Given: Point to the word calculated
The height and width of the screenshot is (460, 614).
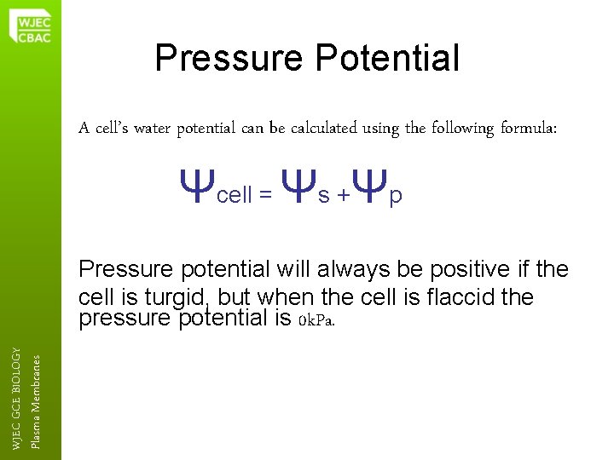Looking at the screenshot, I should coord(321,129).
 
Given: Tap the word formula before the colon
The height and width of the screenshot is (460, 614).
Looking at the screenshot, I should coord(528,129).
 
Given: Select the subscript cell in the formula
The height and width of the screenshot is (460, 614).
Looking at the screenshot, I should coord(235,196).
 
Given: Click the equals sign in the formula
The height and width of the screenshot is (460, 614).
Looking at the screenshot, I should coord(266,197).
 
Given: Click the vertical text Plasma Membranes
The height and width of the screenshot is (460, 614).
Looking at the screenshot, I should coord(35,400).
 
